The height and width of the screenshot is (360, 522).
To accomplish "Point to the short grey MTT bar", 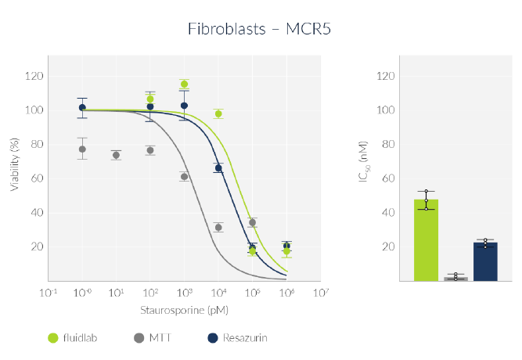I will (x=455, y=278).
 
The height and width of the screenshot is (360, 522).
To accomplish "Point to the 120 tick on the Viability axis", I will (x=34, y=76).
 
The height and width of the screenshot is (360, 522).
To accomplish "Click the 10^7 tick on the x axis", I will (x=320, y=293).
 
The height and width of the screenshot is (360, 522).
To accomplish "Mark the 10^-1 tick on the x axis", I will (x=49, y=293).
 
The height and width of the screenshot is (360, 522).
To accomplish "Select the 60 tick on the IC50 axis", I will (x=385, y=178).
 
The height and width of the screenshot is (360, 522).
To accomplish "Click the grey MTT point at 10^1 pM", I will (x=116, y=155).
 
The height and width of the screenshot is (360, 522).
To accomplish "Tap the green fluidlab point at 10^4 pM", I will (x=218, y=113).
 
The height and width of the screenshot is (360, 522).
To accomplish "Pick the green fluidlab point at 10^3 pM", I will (x=184, y=84).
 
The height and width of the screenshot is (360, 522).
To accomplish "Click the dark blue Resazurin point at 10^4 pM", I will (x=218, y=168).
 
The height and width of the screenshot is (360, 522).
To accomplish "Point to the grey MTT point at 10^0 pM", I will (x=82, y=149).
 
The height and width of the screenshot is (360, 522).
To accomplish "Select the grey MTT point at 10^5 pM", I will (x=252, y=222).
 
